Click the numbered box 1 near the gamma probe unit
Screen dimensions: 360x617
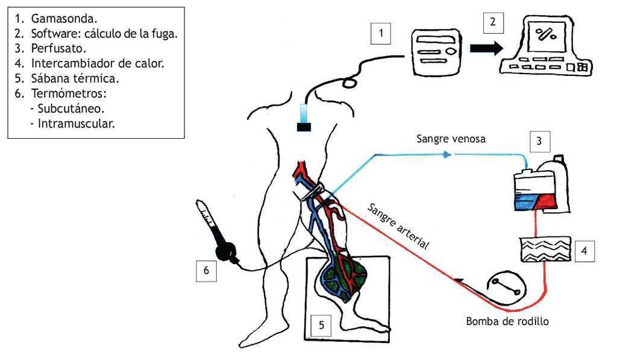[x=380, y=33]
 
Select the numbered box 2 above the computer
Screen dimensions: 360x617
[x=493, y=22]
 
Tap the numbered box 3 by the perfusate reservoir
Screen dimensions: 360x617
[x=539, y=142]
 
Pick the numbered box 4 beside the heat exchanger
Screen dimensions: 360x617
[x=584, y=250]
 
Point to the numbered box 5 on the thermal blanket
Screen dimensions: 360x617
[x=321, y=326]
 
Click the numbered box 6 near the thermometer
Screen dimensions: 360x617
[x=206, y=271]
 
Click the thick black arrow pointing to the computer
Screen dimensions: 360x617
[x=486, y=49]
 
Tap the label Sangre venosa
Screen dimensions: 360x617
[x=451, y=139]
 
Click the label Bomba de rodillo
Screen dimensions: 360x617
[x=507, y=321]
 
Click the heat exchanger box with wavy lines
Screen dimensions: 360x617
[x=544, y=250]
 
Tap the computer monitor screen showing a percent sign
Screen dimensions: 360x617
[x=546, y=36]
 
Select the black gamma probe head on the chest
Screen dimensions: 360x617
[x=304, y=127]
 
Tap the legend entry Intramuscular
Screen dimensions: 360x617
[x=76, y=124]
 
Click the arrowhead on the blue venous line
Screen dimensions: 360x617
[x=446, y=155]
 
